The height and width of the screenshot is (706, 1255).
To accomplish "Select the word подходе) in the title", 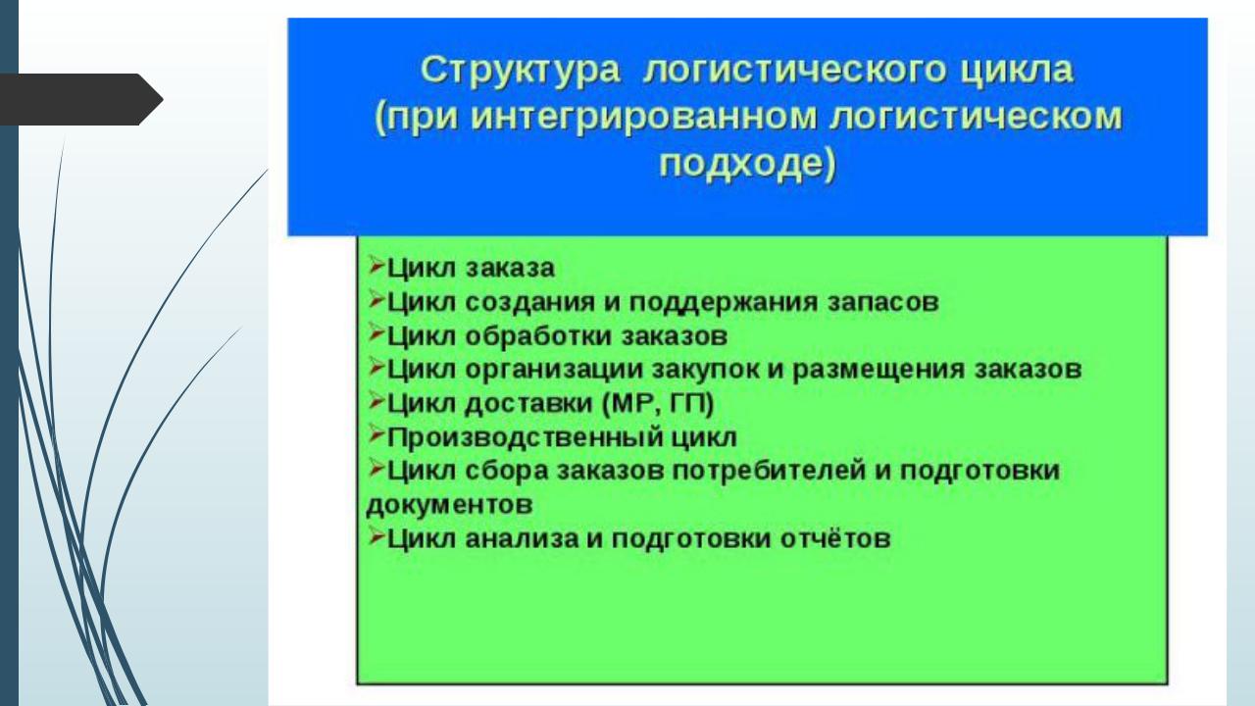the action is point(747,164).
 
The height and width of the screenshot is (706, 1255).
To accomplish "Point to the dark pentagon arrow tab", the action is point(81,99).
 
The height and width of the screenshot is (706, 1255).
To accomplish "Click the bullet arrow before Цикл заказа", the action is point(376,266).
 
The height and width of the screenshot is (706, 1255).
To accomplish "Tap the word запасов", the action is point(883,302).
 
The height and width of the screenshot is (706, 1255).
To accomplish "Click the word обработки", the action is point(539,336).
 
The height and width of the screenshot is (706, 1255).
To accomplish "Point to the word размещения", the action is point(879,371).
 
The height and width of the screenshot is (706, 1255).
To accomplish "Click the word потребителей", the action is point(770,471).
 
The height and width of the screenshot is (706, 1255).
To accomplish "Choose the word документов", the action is point(449,505).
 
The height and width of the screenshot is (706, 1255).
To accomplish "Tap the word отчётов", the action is point(835,539).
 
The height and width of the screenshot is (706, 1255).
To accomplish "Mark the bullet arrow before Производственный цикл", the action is point(376,434).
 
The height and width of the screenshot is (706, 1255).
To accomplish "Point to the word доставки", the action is point(528,404).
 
